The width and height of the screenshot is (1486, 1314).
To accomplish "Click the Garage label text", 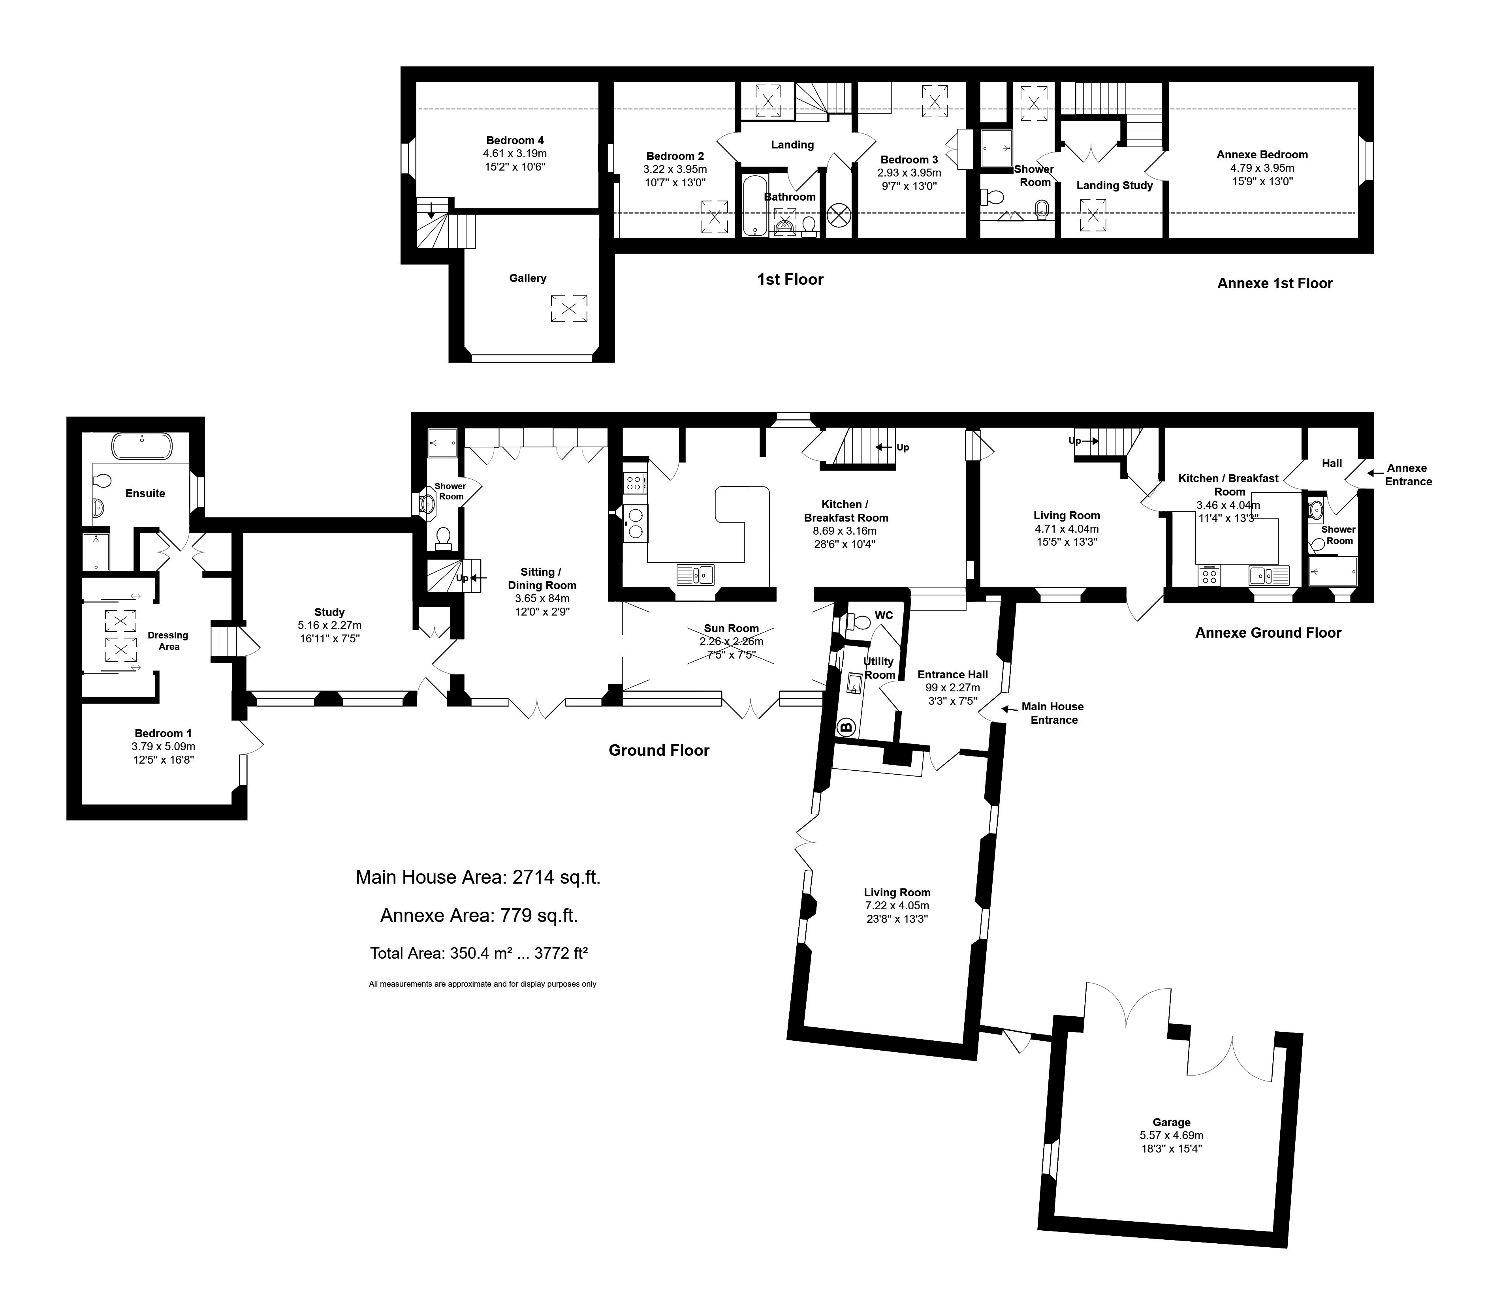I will [1171, 1122].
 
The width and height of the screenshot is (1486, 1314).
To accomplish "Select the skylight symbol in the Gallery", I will [568, 308].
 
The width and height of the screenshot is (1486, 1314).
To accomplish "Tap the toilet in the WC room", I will [859, 622].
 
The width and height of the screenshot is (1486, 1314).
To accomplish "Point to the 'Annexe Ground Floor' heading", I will [1268, 633].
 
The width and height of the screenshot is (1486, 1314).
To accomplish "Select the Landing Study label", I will [1114, 185].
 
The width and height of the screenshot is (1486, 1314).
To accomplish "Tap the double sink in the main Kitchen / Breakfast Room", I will [696, 575].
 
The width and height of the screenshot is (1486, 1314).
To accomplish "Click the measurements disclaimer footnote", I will [482, 984].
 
